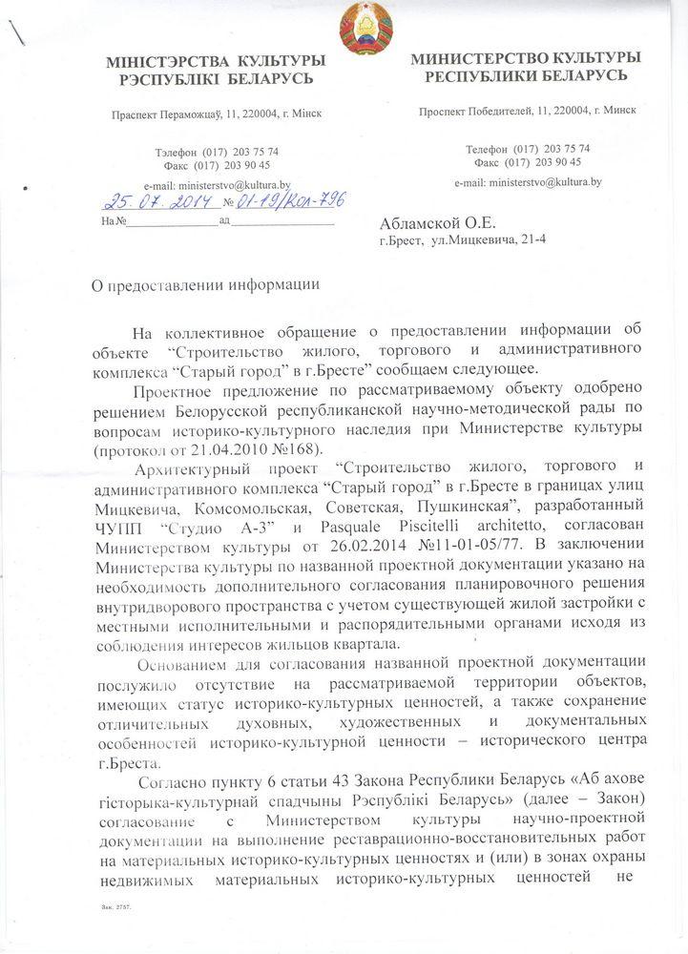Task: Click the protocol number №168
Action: tap(320, 449)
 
